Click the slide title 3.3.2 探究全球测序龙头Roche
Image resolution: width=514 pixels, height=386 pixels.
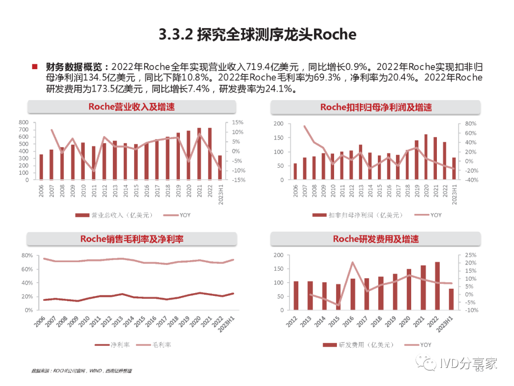pos(257,34)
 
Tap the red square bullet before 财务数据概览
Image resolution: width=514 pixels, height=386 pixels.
pos(34,67)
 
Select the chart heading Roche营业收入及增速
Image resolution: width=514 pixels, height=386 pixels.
pos(131,107)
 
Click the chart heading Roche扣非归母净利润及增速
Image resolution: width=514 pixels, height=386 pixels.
pos(376,107)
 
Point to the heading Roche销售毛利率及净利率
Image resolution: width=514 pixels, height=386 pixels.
pos(131,239)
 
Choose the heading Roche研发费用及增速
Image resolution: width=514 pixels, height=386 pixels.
pos(376,239)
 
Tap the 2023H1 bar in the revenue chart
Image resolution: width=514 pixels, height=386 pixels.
pos(220,167)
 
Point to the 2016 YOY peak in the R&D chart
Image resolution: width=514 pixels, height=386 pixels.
pos(353,263)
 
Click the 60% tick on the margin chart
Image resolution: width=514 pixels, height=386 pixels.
pos(26,269)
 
